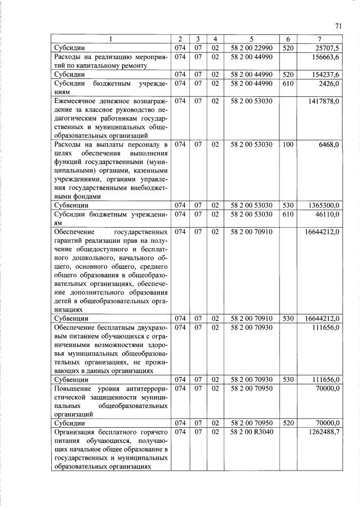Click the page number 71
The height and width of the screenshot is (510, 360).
point(338,25)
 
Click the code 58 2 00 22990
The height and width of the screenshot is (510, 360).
point(252,48)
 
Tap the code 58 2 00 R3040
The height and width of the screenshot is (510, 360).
point(252,432)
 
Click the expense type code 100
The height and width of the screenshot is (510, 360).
point(288,145)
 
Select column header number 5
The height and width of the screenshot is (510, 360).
point(252,39)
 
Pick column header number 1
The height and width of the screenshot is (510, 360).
point(111,39)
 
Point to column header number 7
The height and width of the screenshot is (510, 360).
point(319,39)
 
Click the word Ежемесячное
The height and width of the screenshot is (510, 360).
point(75,101)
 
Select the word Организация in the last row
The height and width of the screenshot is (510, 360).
point(75,432)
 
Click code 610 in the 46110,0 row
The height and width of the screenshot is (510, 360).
point(288,215)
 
